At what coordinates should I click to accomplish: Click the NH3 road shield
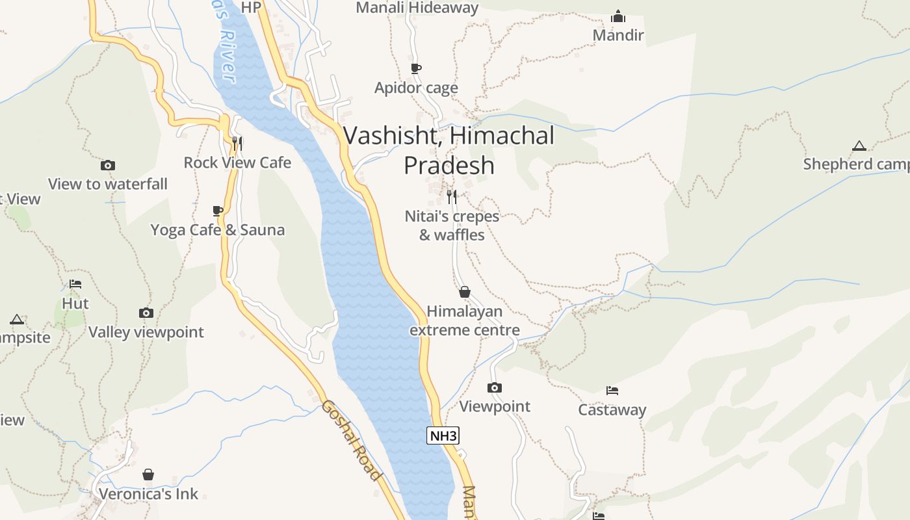(x=443, y=435)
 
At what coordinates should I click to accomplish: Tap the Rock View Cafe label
(x=237, y=162)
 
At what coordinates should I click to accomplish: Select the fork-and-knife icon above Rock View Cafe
(x=237, y=142)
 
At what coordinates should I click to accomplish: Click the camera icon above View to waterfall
(x=108, y=166)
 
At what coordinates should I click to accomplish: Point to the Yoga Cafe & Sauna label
(x=218, y=229)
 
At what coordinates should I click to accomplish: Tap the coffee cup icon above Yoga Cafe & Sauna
(x=218, y=211)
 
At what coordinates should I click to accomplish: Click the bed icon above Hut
(x=75, y=284)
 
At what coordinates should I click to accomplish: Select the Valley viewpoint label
(x=146, y=332)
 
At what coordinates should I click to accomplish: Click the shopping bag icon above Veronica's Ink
(x=148, y=474)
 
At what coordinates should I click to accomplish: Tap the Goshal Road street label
(x=351, y=439)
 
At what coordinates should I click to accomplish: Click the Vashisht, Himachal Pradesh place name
(x=448, y=150)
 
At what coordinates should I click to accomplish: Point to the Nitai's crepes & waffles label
(x=452, y=225)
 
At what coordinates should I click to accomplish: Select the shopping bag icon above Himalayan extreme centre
(x=465, y=292)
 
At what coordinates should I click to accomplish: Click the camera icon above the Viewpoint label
(x=495, y=388)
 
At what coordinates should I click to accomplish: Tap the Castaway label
(x=612, y=409)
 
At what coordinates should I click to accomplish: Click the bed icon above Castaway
(x=612, y=391)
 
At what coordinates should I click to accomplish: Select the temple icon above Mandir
(x=618, y=16)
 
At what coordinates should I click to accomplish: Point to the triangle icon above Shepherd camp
(x=859, y=146)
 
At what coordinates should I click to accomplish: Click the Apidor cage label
(x=416, y=88)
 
